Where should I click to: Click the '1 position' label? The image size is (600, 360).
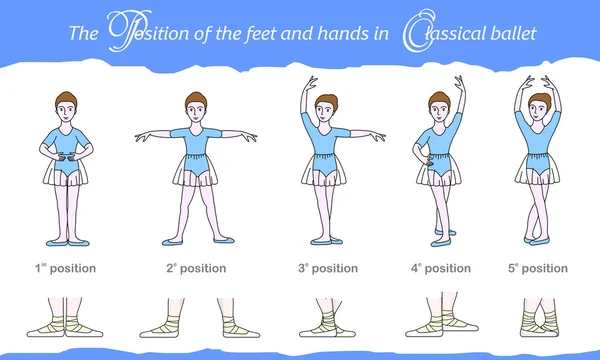pyautogui.click(x=65, y=268)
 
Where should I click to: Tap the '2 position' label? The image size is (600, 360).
pyautogui.click(x=196, y=268)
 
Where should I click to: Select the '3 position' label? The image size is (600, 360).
pyautogui.click(x=328, y=268)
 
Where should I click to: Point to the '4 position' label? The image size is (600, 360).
pyautogui.click(x=441, y=268)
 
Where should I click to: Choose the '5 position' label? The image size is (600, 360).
pyautogui.click(x=538, y=268)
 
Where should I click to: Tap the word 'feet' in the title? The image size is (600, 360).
pyautogui.click(x=260, y=34)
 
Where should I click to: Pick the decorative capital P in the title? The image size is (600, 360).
pyautogui.click(x=129, y=31)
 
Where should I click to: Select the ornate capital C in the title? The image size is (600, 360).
pyautogui.click(x=418, y=31)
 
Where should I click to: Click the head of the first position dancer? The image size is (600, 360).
pyautogui.click(x=66, y=107)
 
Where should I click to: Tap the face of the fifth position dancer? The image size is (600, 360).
pyautogui.click(x=539, y=109)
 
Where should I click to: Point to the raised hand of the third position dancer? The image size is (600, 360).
pyautogui.click(x=310, y=83)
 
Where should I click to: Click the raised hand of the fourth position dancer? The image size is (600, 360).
pyautogui.click(x=459, y=83)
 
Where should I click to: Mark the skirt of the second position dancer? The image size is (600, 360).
pyautogui.click(x=196, y=170)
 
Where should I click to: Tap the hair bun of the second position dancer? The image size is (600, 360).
pyautogui.click(x=196, y=99)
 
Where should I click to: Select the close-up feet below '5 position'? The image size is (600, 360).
pyautogui.click(x=539, y=318)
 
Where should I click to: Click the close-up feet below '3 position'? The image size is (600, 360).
pyautogui.click(x=327, y=318)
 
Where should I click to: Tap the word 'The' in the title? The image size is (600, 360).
pyautogui.click(x=83, y=33)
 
